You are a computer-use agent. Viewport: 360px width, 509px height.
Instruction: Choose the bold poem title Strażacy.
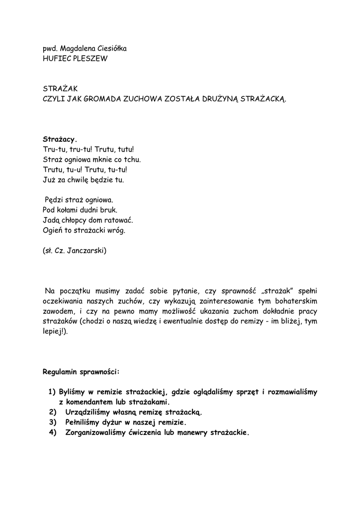[60, 139]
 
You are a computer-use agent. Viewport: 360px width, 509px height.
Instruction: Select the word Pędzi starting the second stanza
[54, 200]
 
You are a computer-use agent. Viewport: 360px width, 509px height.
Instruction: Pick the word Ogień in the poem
[53, 230]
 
